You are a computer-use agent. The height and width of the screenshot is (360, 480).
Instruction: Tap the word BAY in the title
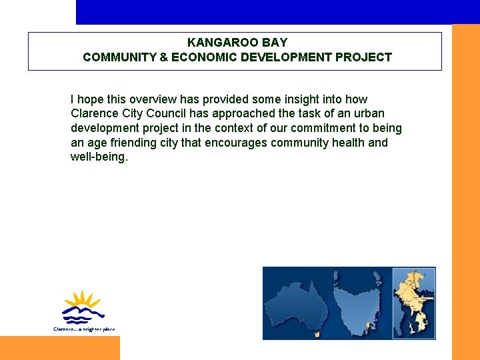click(273, 43)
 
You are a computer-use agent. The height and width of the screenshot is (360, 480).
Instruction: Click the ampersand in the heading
click(164, 57)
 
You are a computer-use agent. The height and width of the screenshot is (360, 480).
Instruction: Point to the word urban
click(369, 113)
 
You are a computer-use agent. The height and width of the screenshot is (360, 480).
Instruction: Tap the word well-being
click(98, 157)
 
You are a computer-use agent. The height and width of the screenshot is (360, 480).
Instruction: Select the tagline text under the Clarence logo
click(84, 329)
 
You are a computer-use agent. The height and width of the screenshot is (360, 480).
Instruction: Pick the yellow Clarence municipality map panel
click(414, 303)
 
